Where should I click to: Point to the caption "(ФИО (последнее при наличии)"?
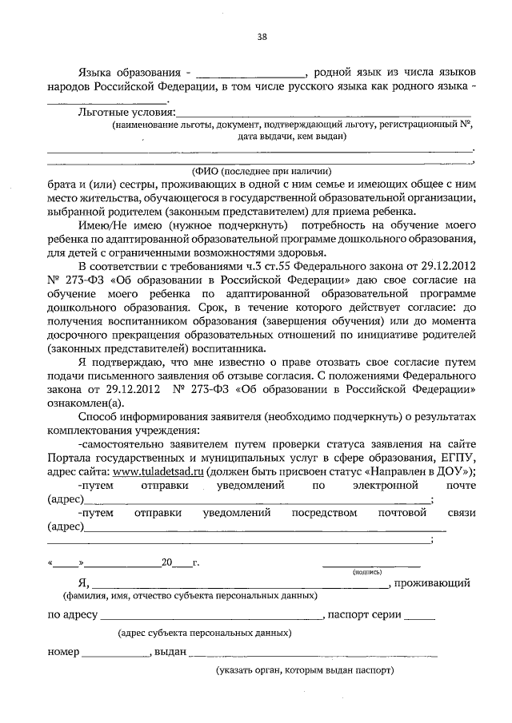[261, 170]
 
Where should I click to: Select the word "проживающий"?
[437, 583]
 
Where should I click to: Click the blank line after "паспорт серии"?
[420, 616]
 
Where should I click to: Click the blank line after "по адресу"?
[210, 616]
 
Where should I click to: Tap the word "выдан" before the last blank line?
[170, 652]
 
